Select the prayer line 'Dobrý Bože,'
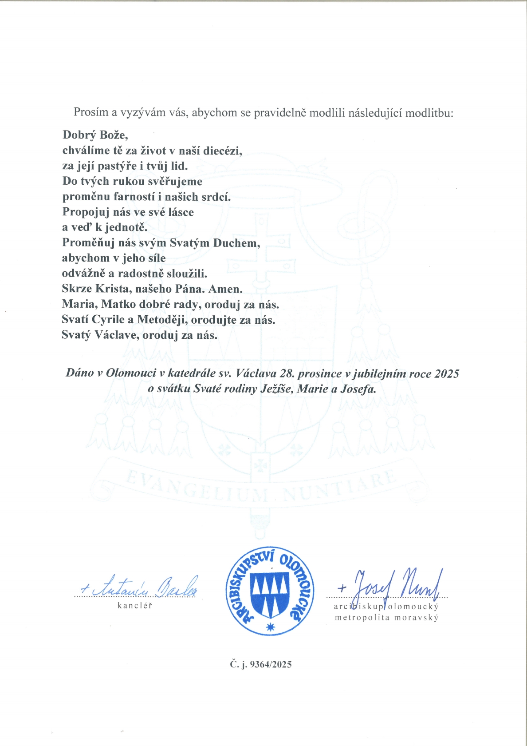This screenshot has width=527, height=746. [x=95, y=135]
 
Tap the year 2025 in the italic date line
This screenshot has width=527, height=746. [x=447, y=374]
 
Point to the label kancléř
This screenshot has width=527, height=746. [x=135, y=606]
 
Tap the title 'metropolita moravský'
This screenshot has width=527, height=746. [x=386, y=618]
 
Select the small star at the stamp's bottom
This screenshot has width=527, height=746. [x=270, y=627]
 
